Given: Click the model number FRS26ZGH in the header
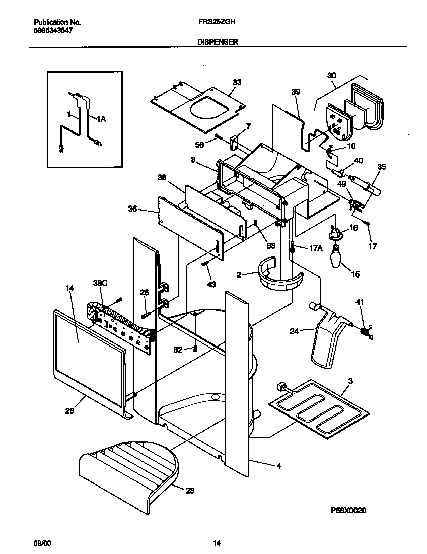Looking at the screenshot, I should point(214,23).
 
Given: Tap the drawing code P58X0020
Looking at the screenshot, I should point(348,510).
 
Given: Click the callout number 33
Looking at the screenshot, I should point(237,82).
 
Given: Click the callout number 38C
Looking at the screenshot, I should point(101,284).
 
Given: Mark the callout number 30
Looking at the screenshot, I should point(331,76).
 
